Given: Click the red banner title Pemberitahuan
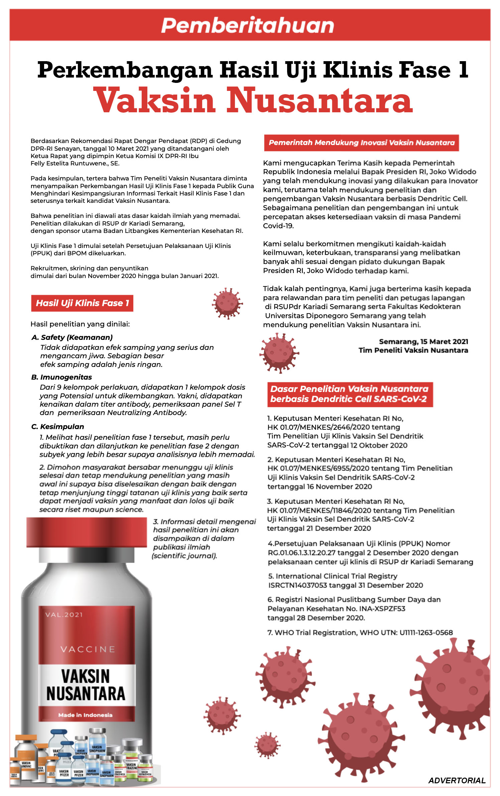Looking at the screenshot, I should coord(248,25).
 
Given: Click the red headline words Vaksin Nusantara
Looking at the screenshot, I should coord(253,100).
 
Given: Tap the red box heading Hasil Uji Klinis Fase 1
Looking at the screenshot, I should coord(82,303).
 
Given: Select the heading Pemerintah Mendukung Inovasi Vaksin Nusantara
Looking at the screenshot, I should coord(361,143).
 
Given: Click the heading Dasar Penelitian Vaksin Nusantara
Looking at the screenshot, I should coord(349,389).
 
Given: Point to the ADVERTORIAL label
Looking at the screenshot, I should coord(457,781).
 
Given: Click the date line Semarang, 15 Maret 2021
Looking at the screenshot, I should coord(423,342).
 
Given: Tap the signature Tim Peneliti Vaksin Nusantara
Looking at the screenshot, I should coord(413,350).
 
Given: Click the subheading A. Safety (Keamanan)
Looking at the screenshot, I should coord(72,337).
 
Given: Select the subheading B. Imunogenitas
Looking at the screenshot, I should coord(61,377).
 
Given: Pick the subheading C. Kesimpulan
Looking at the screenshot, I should coord(57,426).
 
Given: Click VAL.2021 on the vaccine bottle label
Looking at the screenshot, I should coord(64,615).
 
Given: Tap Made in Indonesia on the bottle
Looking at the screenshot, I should coord(85,715).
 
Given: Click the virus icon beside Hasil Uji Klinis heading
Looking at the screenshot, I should coord(227,303).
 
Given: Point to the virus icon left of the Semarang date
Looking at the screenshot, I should coord(279,352).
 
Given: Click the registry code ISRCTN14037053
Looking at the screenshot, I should coord(297,585).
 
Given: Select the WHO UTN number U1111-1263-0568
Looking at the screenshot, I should coord(426,632).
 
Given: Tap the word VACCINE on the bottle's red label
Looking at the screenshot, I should coord(88,649).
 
